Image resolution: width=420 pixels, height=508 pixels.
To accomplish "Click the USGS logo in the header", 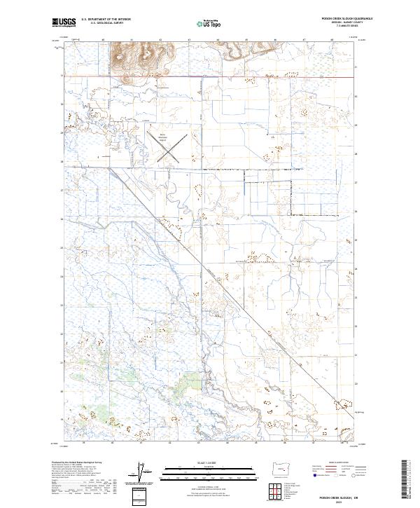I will point(64,23).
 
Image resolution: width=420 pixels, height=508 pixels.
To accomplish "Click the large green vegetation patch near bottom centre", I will point(190,383).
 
